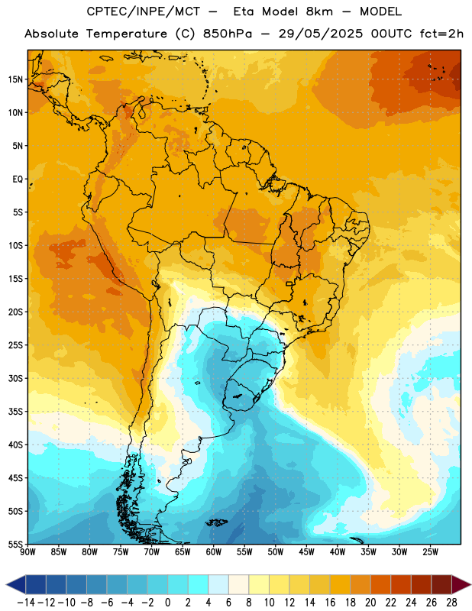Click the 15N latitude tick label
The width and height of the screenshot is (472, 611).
[x=15, y=79]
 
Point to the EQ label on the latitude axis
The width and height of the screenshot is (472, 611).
[x=18, y=179]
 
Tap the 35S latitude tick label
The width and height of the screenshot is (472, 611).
[x=15, y=412]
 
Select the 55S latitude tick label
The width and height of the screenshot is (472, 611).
[x=15, y=544]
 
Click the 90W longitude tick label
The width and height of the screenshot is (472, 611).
[x=28, y=551]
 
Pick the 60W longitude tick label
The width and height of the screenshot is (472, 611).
[x=214, y=551]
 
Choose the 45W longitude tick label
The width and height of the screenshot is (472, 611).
[x=306, y=551]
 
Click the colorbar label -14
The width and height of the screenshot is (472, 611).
[x=26, y=603]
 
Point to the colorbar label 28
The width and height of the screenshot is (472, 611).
[x=451, y=603]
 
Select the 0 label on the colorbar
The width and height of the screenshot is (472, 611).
[x=167, y=603]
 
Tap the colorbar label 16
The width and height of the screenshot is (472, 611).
[x=330, y=603]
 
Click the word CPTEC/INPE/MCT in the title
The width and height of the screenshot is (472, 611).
[x=143, y=11]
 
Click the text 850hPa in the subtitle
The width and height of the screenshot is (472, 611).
[x=228, y=34]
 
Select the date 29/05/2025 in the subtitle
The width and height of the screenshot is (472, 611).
[x=320, y=34]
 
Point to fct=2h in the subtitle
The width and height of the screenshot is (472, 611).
[x=441, y=34]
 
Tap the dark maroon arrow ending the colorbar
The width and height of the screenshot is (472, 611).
[x=461, y=584]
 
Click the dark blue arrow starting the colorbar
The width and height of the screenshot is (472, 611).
[x=16, y=584]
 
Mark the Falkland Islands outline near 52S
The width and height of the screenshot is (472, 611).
[x=217, y=522]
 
